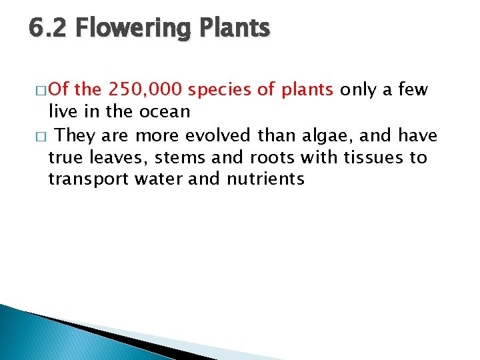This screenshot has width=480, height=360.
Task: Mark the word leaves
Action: (x=105, y=157)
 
